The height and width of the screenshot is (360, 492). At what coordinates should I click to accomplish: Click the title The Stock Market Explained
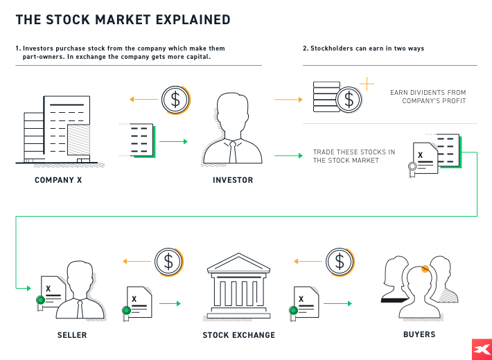coord(123,20)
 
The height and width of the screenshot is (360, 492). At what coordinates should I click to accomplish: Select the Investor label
coord(232,180)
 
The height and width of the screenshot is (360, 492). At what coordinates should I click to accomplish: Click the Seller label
coord(72,335)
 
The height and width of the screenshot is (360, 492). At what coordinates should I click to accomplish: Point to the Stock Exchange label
coord(238,335)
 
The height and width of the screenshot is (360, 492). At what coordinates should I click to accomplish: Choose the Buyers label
coord(419,334)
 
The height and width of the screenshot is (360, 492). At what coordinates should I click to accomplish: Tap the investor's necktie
coord(232,152)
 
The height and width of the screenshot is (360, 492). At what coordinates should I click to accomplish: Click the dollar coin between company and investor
coord(175,100)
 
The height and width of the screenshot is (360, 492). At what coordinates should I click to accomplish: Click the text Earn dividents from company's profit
coord(428,97)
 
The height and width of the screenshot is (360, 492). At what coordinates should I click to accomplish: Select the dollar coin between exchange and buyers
coord(339,262)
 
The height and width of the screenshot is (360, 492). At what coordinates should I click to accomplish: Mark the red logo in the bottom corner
coord(480,349)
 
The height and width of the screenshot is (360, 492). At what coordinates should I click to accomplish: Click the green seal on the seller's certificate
coord(41,300)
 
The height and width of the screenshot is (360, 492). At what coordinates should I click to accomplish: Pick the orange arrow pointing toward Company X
coord(143,100)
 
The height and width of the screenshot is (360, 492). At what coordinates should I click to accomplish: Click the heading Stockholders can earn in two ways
coord(363,48)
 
